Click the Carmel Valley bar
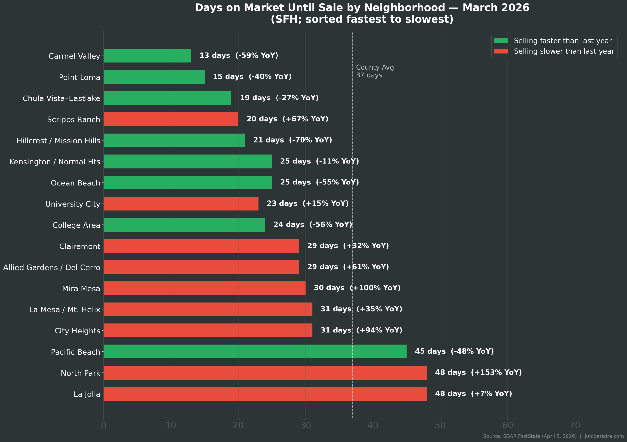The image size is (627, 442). pyautogui.click(x=147, y=56)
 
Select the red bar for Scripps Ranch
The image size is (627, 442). pyautogui.click(x=171, y=119)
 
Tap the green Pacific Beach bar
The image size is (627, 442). pyautogui.click(x=255, y=352)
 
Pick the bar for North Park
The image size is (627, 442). pyautogui.click(x=265, y=373)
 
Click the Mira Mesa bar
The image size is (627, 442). pyautogui.click(x=204, y=288)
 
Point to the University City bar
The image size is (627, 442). pyautogui.click(x=181, y=204)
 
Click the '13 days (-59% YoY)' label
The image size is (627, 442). pyautogui.click(x=239, y=55)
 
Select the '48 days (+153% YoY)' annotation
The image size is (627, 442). pyautogui.click(x=478, y=372)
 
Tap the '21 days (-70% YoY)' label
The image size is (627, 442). pyautogui.click(x=292, y=140)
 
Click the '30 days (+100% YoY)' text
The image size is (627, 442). pyautogui.click(x=357, y=288)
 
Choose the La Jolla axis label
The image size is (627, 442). pyautogui.click(x=87, y=394)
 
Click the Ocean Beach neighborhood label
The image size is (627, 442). pyautogui.click(x=75, y=183)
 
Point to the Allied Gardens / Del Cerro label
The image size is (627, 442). pyautogui.click(x=52, y=268)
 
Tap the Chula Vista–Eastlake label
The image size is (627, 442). pyautogui.click(x=61, y=98)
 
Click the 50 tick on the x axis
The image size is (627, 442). pyautogui.click(x=440, y=425)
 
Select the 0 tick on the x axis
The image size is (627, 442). pyautogui.click(x=104, y=425)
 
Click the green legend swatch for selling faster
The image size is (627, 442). pyautogui.click(x=501, y=41)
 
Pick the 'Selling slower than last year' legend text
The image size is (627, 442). pyautogui.click(x=564, y=51)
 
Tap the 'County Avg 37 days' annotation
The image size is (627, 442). pyautogui.click(x=375, y=71)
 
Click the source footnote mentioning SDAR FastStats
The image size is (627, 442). pyautogui.click(x=553, y=436)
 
